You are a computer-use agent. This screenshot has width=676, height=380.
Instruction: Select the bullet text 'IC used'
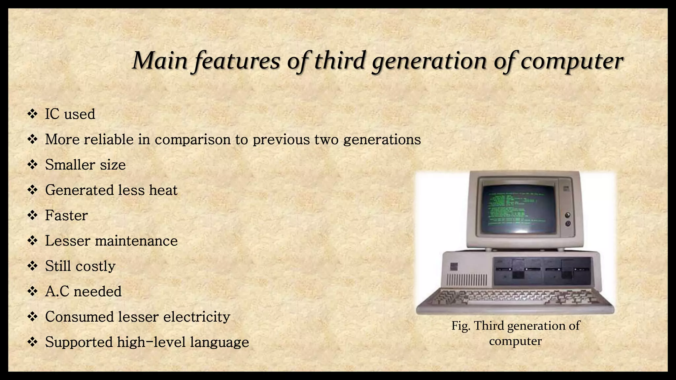[x=70, y=114]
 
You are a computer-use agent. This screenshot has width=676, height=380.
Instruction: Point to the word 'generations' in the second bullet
[x=382, y=140]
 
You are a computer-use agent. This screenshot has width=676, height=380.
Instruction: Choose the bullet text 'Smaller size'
[x=85, y=165]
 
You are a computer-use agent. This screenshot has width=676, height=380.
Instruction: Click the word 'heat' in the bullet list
[x=163, y=190]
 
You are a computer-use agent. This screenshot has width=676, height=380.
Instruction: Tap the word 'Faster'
[x=66, y=215]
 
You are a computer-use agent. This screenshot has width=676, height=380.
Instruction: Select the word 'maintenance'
[x=136, y=241]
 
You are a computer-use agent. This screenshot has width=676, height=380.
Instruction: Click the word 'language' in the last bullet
[x=219, y=342]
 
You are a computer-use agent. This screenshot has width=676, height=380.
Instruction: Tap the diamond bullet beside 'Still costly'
[x=32, y=266]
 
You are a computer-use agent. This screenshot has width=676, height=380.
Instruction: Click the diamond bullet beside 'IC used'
[x=32, y=114]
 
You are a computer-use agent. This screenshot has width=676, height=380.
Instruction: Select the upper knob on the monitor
[x=568, y=215]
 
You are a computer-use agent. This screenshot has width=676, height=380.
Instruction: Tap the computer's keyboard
[x=515, y=299]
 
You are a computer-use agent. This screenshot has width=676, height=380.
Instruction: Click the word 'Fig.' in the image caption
[x=461, y=326]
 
